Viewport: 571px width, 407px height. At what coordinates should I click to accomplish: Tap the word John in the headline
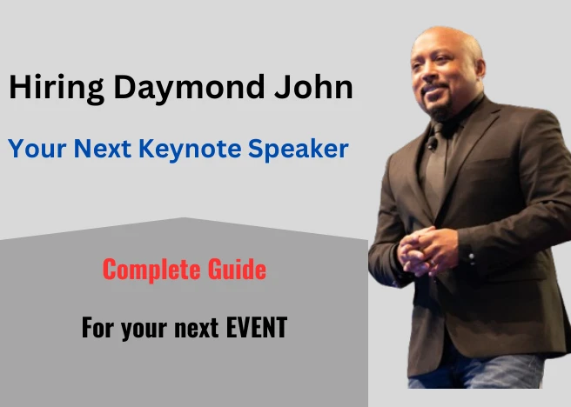[314, 87]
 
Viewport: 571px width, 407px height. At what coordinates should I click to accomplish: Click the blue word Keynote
[190, 150]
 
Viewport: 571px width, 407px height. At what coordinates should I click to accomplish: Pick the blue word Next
[103, 149]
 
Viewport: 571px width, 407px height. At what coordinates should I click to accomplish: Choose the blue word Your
[37, 149]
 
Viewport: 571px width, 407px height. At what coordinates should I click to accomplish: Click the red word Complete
[151, 270]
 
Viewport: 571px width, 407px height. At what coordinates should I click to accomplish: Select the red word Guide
[237, 269]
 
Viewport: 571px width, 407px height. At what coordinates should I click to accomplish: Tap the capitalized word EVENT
[257, 327]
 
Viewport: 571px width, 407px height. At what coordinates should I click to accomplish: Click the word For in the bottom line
[96, 327]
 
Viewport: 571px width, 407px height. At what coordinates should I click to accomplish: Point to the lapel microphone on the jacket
[433, 143]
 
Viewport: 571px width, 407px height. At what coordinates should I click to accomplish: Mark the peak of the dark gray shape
[185, 217]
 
